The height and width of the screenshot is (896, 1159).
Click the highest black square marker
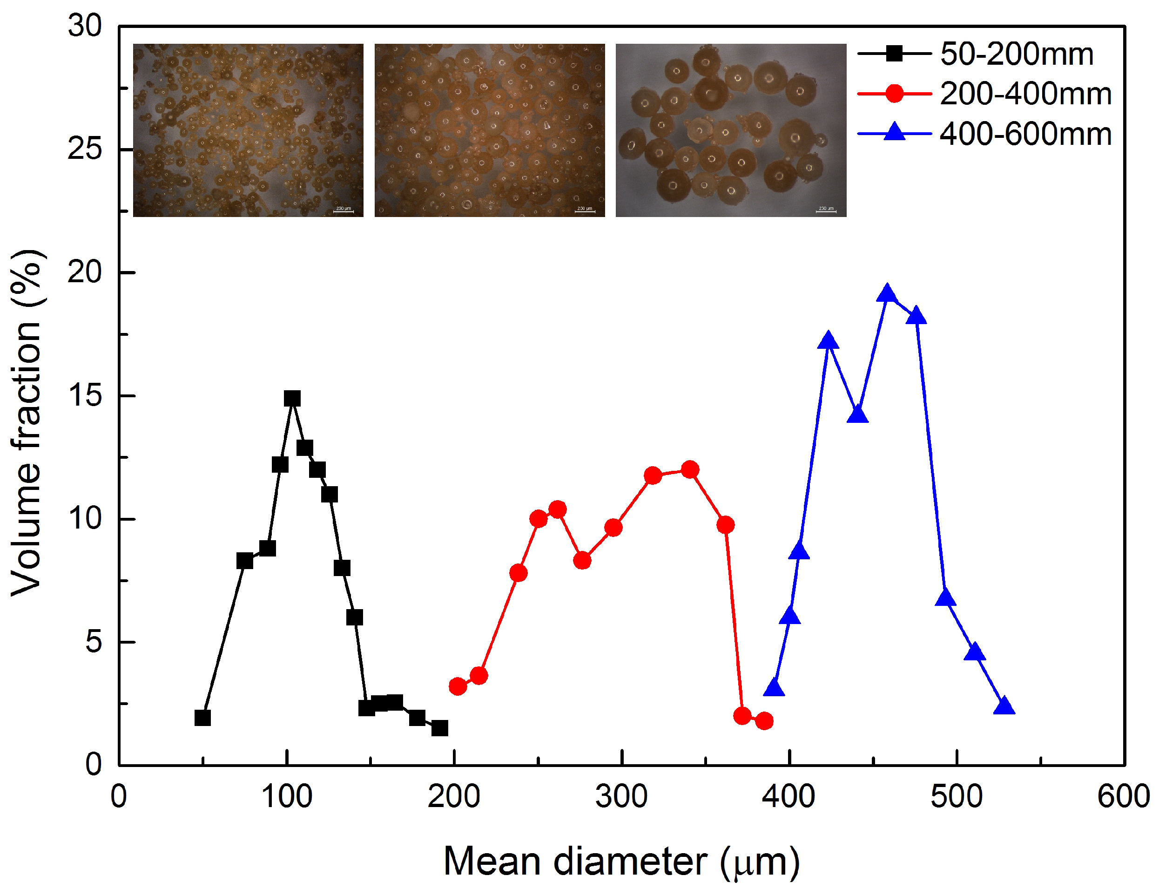coord(292,398)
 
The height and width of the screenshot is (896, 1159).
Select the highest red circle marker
coord(690,469)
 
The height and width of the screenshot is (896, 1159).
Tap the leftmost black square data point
coord(202,718)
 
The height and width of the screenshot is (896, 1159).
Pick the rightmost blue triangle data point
coord(1004,707)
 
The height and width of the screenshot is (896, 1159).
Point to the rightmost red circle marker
coord(764,721)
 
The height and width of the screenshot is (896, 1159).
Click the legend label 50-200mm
coord(1017,54)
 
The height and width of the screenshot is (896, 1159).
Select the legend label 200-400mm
coord(1025,94)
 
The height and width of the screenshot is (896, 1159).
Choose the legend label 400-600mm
coord(1025,134)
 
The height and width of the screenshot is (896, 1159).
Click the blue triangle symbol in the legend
coord(895,132)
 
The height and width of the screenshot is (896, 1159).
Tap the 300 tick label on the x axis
coord(621,797)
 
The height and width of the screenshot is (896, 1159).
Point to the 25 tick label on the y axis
coord(84,149)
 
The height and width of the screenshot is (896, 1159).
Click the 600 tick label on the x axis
coord(1124,797)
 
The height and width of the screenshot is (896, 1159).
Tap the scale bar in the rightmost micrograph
coord(826,211)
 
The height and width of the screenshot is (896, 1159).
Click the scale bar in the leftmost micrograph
coord(343,211)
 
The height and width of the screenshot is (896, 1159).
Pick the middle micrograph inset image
coord(489,130)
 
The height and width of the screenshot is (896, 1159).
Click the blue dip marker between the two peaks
coord(857,414)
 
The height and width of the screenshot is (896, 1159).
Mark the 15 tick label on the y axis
coord(84,395)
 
